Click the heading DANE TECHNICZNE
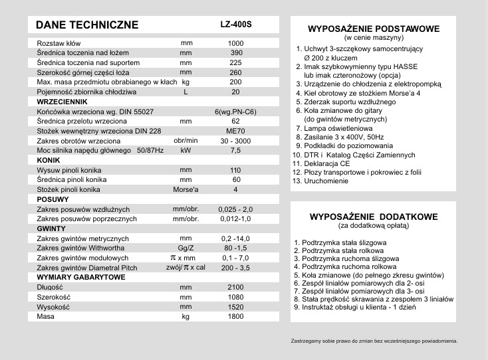(x=87, y=25)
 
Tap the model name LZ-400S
(x=236, y=25)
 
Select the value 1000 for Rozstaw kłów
(x=236, y=43)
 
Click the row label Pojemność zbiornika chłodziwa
(x=86, y=92)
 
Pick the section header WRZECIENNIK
(x=60, y=102)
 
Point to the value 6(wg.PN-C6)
(x=236, y=112)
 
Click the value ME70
(x=236, y=132)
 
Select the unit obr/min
(x=185, y=141)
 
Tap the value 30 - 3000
(x=236, y=141)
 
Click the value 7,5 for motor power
(x=236, y=151)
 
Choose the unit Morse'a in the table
(x=185, y=189)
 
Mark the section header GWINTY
(x=51, y=228)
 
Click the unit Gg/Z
(x=185, y=247)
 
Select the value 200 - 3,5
(x=236, y=268)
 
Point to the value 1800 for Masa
(x=236, y=317)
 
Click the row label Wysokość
(x=54, y=307)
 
